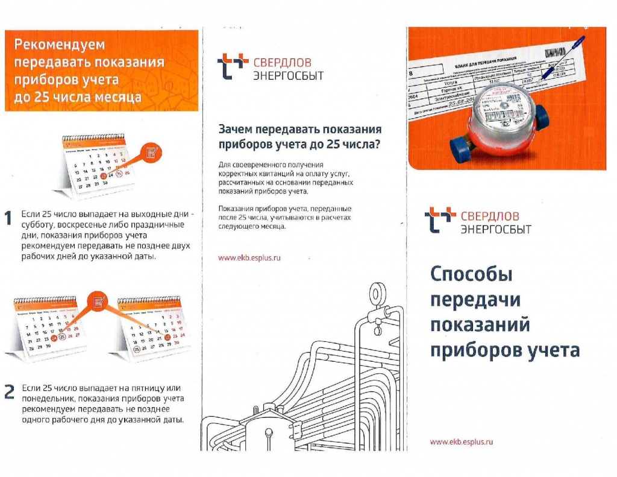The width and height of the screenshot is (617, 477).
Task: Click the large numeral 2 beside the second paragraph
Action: pyautogui.click(x=9, y=393)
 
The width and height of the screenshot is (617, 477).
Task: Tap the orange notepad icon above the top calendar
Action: pyautogui.click(x=152, y=151)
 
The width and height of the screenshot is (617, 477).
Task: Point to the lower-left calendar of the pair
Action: pyautogui.click(x=48, y=329)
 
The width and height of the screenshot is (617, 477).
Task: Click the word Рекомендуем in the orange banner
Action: pyautogui.click(x=59, y=45)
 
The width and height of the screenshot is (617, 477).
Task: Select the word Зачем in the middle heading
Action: pyautogui.click(x=236, y=130)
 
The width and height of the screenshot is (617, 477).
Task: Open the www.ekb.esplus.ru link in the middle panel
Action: pyautogui.click(x=249, y=257)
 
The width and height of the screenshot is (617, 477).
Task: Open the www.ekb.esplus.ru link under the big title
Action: pyautogui.click(x=462, y=441)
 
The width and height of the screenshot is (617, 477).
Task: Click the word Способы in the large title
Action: pyautogui.click(x=471, y=275)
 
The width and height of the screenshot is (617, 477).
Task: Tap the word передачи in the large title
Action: pyautogui.click(x=475, y=300)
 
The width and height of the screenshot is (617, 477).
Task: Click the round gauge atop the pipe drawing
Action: pyautogui.click(x=377, y=293)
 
